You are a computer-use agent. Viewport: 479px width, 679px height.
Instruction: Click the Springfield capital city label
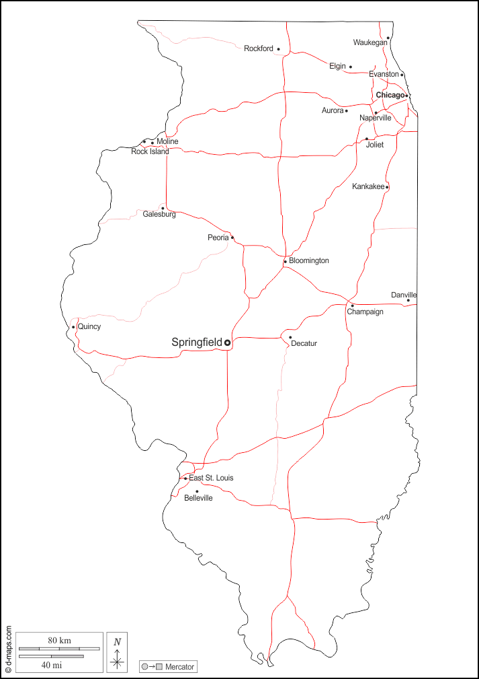pyautogui.click(x=196, y=343)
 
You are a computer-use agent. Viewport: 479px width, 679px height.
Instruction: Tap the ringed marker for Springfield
pyautogui.click(x=227, y=343)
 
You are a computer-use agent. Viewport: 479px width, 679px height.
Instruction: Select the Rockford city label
pyautogui.click(x=259, y=48)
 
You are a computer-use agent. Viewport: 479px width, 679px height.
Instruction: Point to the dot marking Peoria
pyautogui.click(x=232, y=238)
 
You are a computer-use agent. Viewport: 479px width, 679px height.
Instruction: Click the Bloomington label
pyautogui.click(x=309, y=260)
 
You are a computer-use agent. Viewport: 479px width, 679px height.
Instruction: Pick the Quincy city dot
pyautogui.click(x=73, y=327)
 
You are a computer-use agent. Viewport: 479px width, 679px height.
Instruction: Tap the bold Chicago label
pyautogui.click(x=390, y=96)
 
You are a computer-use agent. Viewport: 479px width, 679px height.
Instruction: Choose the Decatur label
pyautogui.click(x=304, y=344)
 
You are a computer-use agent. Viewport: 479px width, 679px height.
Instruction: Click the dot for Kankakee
pyautogui.click(x=387, y=186)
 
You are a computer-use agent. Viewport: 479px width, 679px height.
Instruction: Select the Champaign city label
pyautogui.click(x=365, y=312)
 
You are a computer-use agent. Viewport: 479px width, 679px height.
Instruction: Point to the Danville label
pyautogui.click(x=404, y=295)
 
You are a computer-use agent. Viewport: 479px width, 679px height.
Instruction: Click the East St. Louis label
pyautogui.click(x=211, y=478)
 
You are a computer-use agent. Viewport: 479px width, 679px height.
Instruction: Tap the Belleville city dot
pyautogui.click(x=197, y=491)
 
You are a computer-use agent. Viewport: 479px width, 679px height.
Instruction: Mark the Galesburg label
pyautogui.click(x=159, y=215)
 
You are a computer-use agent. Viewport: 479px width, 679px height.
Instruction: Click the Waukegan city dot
pyautogui.click(x=388, y=38)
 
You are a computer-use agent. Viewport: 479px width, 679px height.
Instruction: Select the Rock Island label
pyautogui.click(x=150, y=151)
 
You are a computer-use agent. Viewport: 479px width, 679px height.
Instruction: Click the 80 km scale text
pyautogui.click(x=59, y=640)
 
